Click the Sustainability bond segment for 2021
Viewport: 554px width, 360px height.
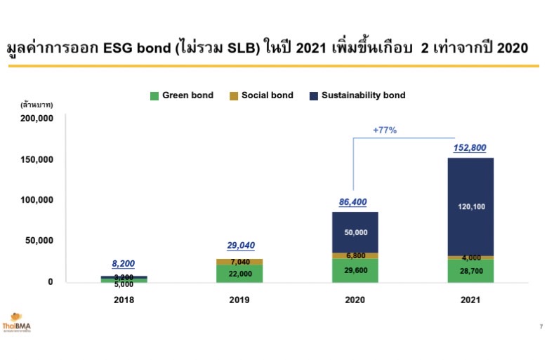tap(470, 206)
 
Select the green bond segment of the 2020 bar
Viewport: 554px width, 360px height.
tap(355, 271)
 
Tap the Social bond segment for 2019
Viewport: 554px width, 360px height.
tap(239, 262)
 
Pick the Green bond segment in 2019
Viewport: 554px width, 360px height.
tap(239, 274)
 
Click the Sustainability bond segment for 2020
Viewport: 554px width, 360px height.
tap(355, 232)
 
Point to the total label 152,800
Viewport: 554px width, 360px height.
tap(470, 148)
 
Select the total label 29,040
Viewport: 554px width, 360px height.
tap(239, 246)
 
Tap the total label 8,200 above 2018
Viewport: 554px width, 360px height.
tap(124, 264)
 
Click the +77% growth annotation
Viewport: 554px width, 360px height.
tap(385, 130)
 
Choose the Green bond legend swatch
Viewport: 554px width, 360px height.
tap(154, 95)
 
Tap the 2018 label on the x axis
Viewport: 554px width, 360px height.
tap(124, 300)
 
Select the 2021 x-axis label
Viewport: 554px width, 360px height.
tap(470, 300)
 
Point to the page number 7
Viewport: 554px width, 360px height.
tap(541, 326)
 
